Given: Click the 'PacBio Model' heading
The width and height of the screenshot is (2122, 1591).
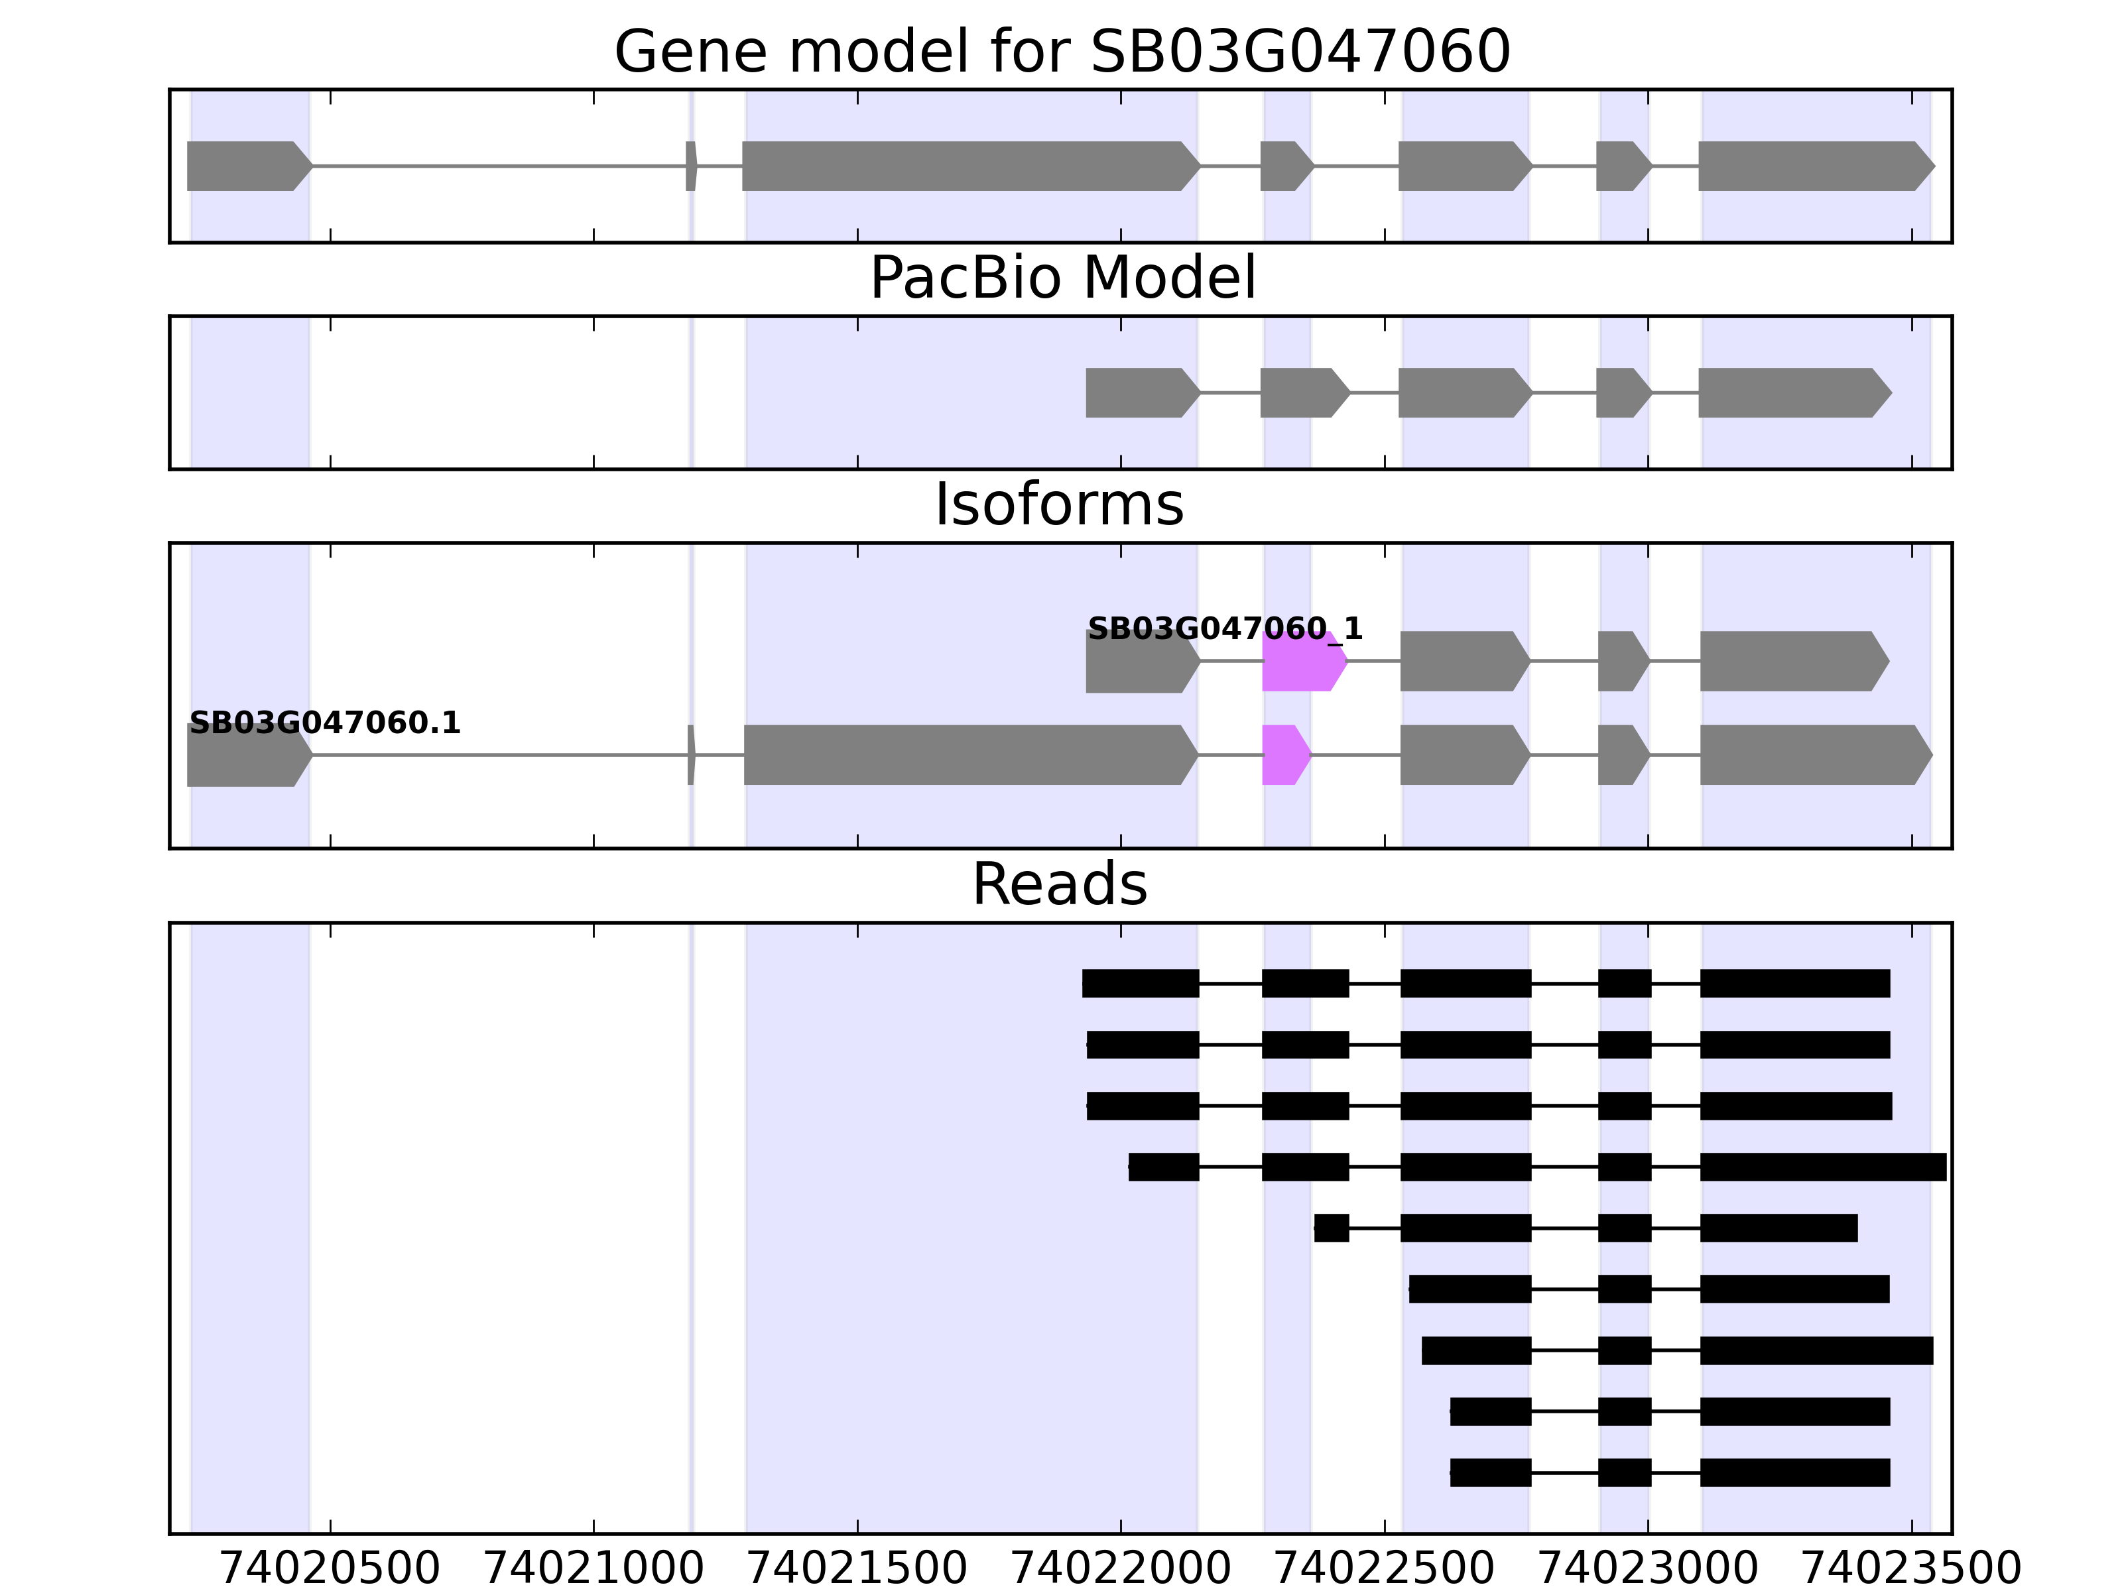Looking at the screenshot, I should (x=1062, y=278).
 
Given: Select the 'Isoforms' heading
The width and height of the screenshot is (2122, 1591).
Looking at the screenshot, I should (x=1059, y=504).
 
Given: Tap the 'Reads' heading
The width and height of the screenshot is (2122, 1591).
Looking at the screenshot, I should (x=1059, y=884).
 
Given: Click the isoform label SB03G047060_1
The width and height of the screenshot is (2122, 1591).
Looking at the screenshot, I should (x=1224, y=629).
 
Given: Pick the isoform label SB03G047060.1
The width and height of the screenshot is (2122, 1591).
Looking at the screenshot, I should (x=324, y=723).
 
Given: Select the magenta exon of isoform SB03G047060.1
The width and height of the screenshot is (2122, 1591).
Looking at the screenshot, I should (x=1284, y=755).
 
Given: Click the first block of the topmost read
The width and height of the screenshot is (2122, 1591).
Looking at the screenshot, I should (x=1140, y=984).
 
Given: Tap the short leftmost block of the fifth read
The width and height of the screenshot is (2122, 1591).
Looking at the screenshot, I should (x=1332, y=1228).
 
